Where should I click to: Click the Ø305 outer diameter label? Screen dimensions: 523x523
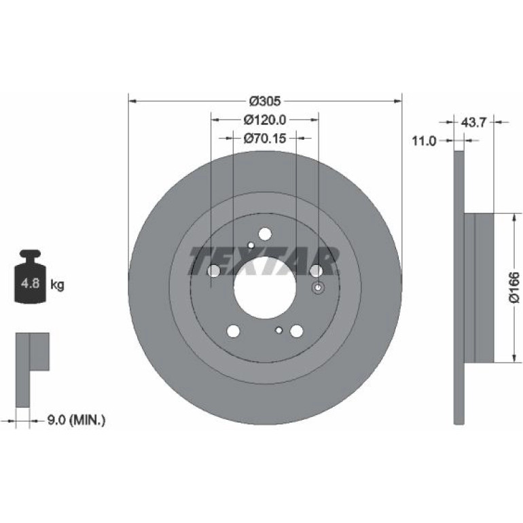click(x=265, y=101)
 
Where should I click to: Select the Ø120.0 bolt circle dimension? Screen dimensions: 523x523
click(x=265, y=120)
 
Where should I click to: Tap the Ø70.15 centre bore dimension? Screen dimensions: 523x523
click(x=265, y=138)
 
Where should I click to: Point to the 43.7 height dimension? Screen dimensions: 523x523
click(x=473, y=122)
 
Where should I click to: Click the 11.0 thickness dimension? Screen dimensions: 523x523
click(x=425, y=141)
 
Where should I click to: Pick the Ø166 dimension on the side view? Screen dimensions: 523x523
click(x=514, y=287)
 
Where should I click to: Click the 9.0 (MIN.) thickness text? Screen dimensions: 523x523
click(x=76, y=420)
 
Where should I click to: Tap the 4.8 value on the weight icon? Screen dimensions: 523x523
click(x=31, y=283)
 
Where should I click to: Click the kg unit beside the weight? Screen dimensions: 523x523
click(x=57, y=285)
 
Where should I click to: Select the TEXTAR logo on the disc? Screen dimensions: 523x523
click(x=264, y=261)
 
